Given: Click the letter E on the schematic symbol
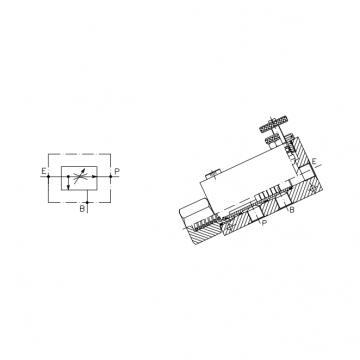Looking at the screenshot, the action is [44, 171].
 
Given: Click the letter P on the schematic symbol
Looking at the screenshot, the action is [117, 171].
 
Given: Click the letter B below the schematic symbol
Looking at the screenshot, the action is [82, 209].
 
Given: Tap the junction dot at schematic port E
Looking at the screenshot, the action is [49, 176].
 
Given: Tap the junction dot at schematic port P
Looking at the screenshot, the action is [111, 176].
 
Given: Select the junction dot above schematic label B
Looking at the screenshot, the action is [87, 202].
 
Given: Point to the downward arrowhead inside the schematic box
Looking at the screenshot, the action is [68, 187].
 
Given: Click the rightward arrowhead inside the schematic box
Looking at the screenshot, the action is [95, 176].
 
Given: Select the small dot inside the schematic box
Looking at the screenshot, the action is [68, 176].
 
